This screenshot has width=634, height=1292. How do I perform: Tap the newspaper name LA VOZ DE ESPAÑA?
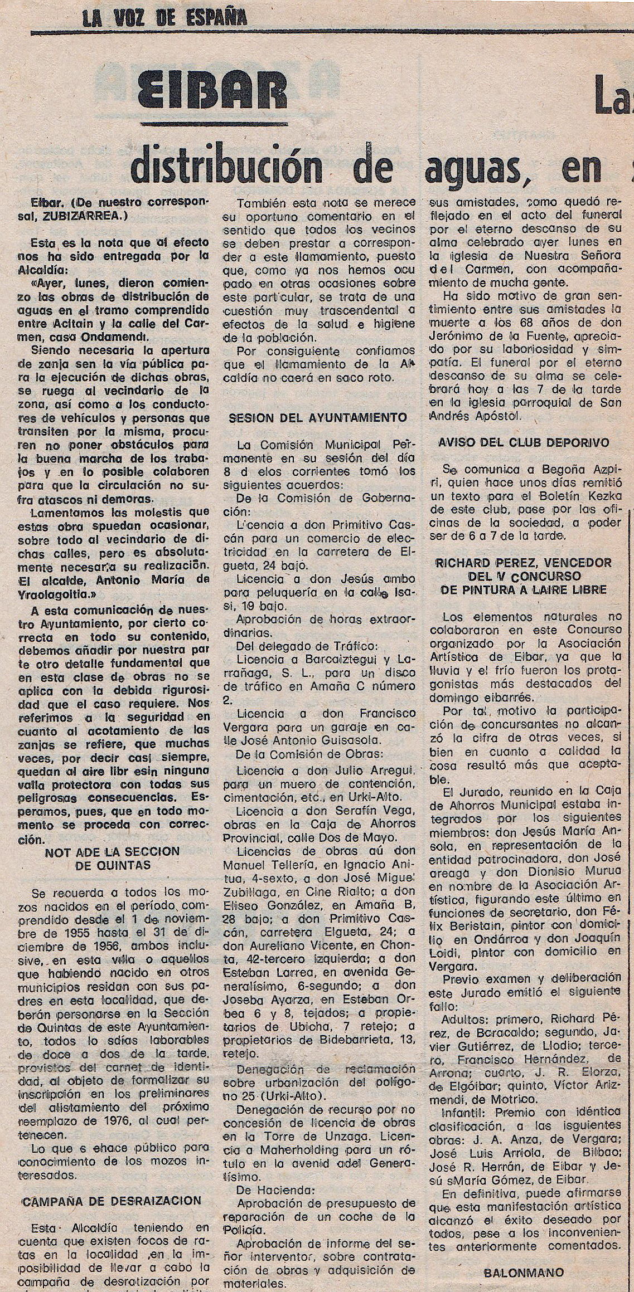tap(165, 20)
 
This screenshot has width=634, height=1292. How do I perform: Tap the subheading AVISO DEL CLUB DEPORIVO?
tap(524, 443)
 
